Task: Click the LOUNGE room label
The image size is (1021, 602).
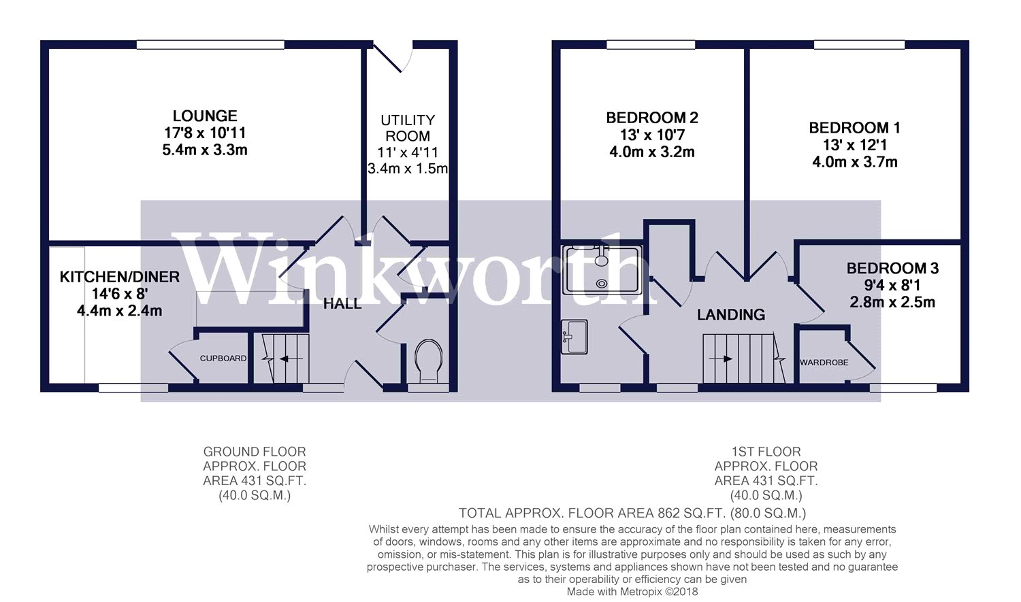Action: tap(205, 116)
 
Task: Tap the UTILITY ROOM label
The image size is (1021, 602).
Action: tap(407, 128)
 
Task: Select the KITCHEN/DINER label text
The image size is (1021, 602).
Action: tap(120, 277)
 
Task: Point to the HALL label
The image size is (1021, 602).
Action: tap(342, 304)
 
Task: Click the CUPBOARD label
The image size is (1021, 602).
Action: tap(223, 358)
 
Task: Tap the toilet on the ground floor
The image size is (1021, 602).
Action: tap(428, 361)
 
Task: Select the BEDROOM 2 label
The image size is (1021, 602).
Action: tap(652, 118)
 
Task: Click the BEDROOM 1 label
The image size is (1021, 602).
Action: tap(854, 128)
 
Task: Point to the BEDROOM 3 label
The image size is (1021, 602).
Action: tap(892, 269)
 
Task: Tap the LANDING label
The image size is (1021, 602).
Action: tap(730, 315)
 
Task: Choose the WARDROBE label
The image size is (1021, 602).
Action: tap(824, 363)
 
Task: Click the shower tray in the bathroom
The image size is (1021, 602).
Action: tap(602, 270)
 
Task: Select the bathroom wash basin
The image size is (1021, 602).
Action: tap(574, 337)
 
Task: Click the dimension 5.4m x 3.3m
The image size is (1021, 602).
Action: tap(205, 150)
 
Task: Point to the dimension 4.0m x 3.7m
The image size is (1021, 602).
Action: tap(854, 163)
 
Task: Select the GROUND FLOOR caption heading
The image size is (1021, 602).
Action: tap(255, 452)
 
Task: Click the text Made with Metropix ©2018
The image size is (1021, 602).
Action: tap(632, 592)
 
